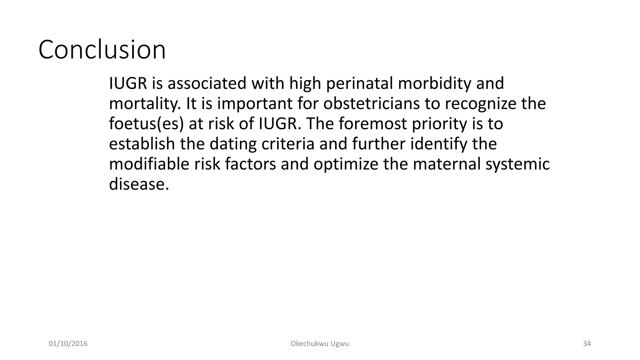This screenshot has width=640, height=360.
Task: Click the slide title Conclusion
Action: [x=102, y=50]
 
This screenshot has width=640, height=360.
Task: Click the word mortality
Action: [x=144, y=104]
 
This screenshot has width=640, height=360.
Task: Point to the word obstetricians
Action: [x=371, y=103]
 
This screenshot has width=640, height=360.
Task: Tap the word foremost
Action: [x=372, y=124]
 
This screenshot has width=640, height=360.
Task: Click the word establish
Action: [x=142, y=144]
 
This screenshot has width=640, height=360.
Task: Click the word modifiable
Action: [x=149, y=164]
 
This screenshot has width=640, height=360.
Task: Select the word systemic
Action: [x=517, y=164]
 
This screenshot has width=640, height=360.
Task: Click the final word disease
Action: [x=138, y=184]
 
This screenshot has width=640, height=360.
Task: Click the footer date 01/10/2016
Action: [x=68, y=344]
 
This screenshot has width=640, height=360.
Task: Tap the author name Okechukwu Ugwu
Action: [x=320, y=344]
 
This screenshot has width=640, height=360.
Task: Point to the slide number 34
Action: [x=587, y=344]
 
